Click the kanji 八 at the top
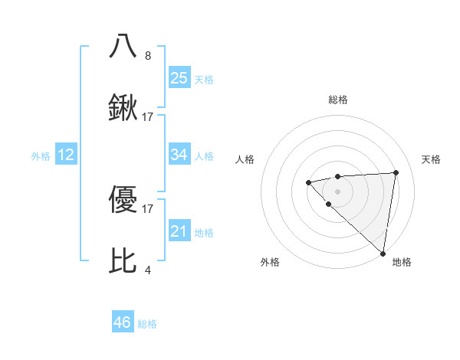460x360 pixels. pyautogui.click(x=123, y=46)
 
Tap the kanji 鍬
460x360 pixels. pyautogui.click(x=123, y=109)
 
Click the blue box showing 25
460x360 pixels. pyautogui.click(x=179, y=77)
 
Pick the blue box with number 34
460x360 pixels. pyautogui.click(x=179, y=155)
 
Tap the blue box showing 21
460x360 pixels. pyautogui.click(x=179, y=231)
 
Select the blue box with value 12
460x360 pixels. pyautogui.click(x=66, y=155)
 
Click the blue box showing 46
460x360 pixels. pyautogui.click(x=123, y=322)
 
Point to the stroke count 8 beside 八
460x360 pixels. pyautogui.click(x=148, y=55)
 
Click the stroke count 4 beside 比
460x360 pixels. pyautogui.click(x=148, y=270)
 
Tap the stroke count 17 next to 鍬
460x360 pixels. pyautogui.click(x=148, y=117)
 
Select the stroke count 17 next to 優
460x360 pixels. pyautogui.click(x=148, y=208)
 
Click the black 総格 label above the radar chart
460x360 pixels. pyautogui.click(x=337, y=100)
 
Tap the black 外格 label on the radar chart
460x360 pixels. pyautogui.click(x=270, y=262)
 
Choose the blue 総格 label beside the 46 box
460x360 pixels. pyautogui.click(x=147, y=324)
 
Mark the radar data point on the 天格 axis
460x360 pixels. pyautogui.click(x=396, y=172)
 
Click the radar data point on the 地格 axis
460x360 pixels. pyautogui.click(x=383, y=254)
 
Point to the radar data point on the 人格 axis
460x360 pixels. pyautogui.click(x=308, y=182)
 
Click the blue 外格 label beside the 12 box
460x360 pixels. pyautogui.click(x=41, y=156)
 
